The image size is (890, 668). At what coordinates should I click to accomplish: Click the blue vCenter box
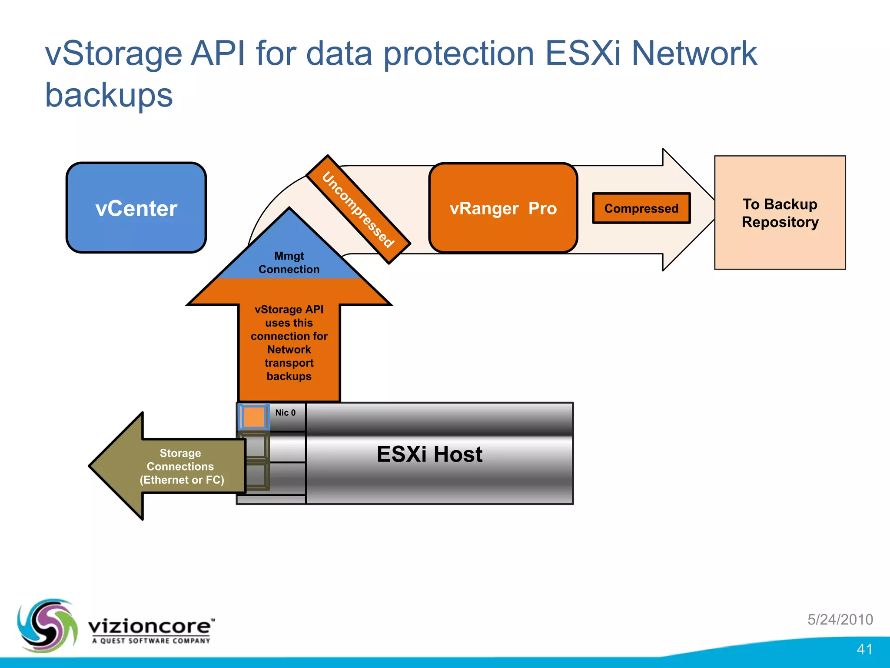(136, 208)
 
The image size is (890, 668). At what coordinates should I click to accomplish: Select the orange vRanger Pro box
(503, 208)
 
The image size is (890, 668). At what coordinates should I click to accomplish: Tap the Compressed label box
(641, 208)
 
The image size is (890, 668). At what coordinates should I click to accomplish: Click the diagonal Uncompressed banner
(358, 210)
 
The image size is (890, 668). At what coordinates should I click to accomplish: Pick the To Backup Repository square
(780, 213)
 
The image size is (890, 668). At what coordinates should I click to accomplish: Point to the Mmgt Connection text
(289, 263)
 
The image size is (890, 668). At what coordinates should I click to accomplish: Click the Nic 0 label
(285, 413)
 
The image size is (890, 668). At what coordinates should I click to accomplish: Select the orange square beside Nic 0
(253, 417)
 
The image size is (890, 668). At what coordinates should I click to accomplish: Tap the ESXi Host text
(429, 454)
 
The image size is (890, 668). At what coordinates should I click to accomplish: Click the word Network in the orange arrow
(289, 350)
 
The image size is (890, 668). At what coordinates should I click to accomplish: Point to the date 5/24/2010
(840, 619)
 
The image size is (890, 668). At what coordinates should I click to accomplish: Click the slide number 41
(864, 649)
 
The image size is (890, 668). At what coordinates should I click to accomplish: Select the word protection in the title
(458, 54)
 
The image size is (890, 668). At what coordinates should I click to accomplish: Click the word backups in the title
(109, 95)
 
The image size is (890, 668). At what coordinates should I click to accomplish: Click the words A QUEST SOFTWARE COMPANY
(151, 641)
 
